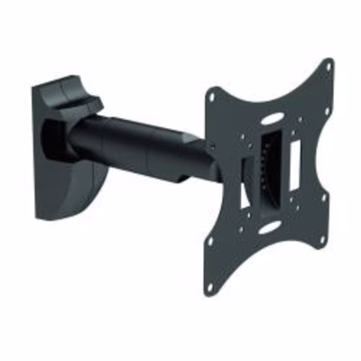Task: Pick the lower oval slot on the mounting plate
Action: [x=268, y=228]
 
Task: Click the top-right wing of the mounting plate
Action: [x=318, y=81]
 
